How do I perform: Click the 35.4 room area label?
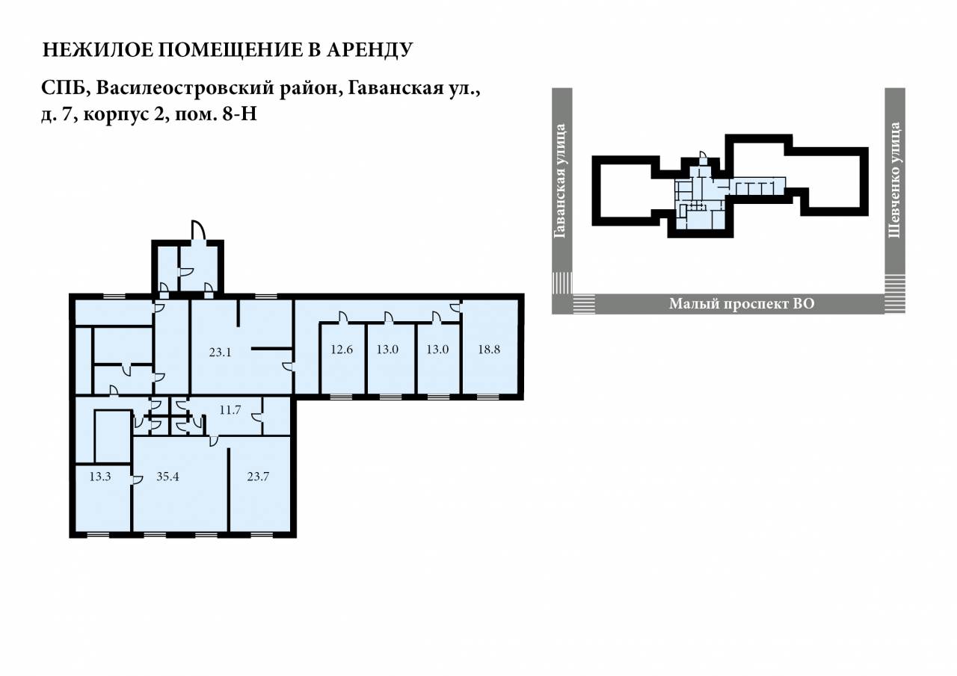167,477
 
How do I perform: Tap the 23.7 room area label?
258,477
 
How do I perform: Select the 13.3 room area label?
100,477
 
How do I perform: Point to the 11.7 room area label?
230,410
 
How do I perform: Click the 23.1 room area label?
220,352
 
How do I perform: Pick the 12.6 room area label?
342,350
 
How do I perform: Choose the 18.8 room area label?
489,350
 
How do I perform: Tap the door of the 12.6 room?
342,317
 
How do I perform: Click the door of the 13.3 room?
136,480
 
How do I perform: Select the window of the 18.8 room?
488,397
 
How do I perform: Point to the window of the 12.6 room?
342,397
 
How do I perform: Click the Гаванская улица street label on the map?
560,181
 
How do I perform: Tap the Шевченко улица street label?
895,180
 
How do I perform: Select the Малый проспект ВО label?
742,304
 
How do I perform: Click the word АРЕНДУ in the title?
370,49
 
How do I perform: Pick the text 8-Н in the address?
240,114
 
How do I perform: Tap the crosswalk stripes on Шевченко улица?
895,285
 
